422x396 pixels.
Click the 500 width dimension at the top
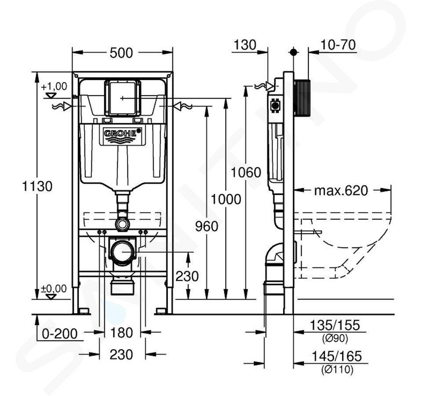pyautogui.click(x=121, y=53)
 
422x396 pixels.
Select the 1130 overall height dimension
pyautogui.click(x=37, y=186)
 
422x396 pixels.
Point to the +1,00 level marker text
pyautogui.click(x=54, y=87)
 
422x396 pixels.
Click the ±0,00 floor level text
pyautogui.click(x=54, y=289)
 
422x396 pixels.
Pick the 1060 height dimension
pyautogui.click(x=246, y=172)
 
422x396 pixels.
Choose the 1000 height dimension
pyautogui.click(x=226, y=200)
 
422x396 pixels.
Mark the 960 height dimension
pyautogui.click(x=207, y=226)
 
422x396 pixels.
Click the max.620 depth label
pyautogui.click(x=341, y=191)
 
